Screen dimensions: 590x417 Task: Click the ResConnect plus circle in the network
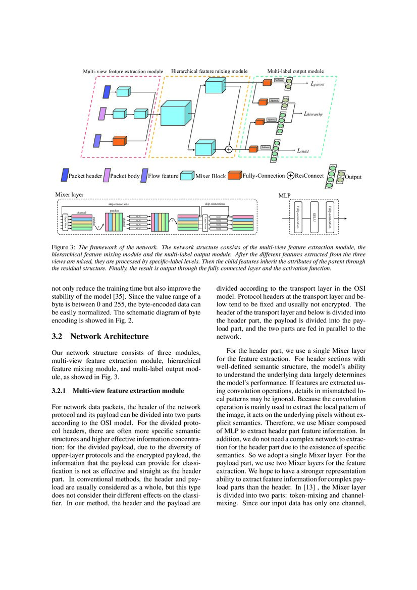point(228,149)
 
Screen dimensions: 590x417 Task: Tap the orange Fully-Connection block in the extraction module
point(120,141)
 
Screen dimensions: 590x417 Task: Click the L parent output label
point(317,85)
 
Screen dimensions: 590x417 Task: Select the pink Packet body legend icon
point(107,175)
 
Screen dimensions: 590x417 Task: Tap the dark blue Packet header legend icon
point(64,175)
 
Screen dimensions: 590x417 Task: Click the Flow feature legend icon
point(144,175)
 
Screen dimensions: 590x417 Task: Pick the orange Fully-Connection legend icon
point(234,176)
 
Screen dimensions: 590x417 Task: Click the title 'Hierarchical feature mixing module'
point(210,71)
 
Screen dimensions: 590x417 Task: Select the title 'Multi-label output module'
point(295,71)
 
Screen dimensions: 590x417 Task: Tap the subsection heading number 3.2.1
point(61,391)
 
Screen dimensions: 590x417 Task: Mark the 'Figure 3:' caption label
point(64,248)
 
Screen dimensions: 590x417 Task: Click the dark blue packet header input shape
point(107,92)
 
